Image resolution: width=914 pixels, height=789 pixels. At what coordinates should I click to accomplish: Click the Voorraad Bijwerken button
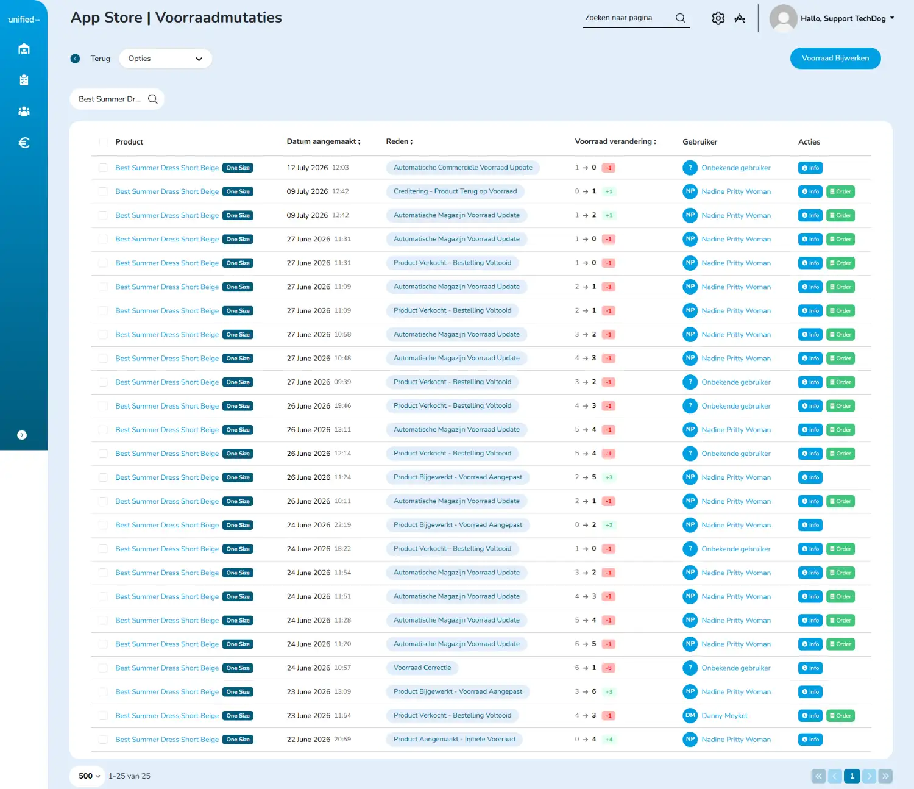835,58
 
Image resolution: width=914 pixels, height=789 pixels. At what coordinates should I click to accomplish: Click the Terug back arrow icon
75,59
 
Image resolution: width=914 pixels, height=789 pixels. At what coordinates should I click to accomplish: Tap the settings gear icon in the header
718,18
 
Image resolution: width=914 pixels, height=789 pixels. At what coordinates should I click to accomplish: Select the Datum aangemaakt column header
324,141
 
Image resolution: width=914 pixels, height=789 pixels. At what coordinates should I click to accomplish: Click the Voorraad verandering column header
615,141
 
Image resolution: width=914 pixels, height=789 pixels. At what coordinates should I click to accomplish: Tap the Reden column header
399,141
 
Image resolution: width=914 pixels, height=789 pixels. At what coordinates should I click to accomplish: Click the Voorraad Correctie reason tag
422,668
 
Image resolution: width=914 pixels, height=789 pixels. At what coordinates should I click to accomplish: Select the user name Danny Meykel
724,716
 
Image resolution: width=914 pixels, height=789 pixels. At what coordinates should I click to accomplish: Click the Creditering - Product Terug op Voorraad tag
455,191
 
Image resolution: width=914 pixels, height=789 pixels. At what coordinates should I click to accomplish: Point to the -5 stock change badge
609,668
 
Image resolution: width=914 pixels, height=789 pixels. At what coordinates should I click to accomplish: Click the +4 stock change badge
609,740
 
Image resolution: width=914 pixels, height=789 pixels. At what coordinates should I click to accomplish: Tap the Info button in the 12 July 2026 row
810,168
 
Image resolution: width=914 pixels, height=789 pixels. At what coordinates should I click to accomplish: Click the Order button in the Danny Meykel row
840,716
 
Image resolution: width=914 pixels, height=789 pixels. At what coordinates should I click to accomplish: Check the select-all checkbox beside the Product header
104,141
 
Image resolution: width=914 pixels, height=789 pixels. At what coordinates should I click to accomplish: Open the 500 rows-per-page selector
88,776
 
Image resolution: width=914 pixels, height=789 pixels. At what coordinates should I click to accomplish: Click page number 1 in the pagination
851,776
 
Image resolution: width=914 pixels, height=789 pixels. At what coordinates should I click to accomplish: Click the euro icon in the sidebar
24,143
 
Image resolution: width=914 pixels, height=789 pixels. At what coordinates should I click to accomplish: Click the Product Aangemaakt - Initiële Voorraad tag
454,740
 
